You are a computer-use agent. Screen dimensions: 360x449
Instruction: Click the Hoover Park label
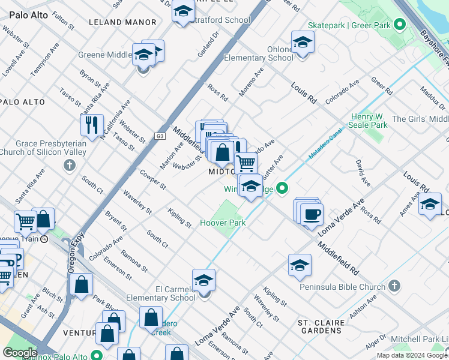pyautogui.click(x=227, y=223)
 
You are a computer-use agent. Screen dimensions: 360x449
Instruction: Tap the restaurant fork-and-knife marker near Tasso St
pyautogui.click(x=92, y=125)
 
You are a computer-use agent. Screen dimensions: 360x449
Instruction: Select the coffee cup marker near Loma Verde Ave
pyautogui.click(x=312, y=214)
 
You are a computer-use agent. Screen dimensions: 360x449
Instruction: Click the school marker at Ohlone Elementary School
pyautogui.click(x=303, y=43)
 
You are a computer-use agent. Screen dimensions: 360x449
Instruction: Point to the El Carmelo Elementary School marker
pyautogui.click(x=203, y=280)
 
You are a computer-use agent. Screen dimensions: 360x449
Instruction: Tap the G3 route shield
pyautogui.click(x=160, y=136)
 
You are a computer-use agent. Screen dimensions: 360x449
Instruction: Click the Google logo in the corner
pyautogui.click(x=20, y=353)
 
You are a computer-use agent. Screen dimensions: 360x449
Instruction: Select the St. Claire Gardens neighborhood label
pyautogui.click(x=322, y=326)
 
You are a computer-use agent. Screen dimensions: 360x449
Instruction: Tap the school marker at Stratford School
pyautogui.click(x=183, y=11)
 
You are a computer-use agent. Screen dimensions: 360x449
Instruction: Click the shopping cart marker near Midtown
pyautogui.click(x=245, y=162)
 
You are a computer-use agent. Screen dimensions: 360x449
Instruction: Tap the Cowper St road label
pyautogui.click(x=153, y=179)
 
